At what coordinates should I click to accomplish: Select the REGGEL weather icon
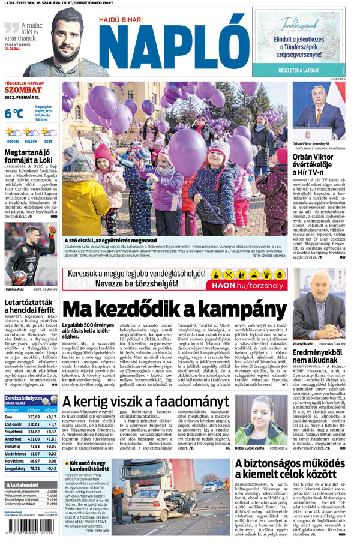tap(13, 132)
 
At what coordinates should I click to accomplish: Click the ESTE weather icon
tap(47, 132)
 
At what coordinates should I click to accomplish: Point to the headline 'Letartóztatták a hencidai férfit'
tap(30, 305)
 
